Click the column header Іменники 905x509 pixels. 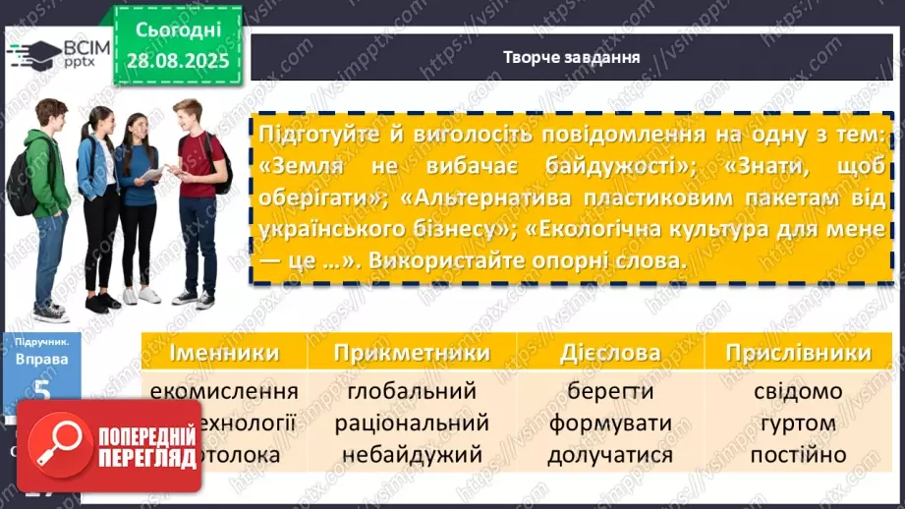[x=224, y=353]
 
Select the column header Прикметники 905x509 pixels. [x=412, y=353]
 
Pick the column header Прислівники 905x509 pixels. [x=797, y=353]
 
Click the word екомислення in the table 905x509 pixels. [x=224, y=391]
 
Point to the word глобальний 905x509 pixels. [x=412, y=391]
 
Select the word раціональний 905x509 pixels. [x=412, y=424]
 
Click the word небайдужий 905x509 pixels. [x=412, y=455]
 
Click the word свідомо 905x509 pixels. [x=797, y=391]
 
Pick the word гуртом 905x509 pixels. [x=797, y=424]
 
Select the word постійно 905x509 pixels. [x=797, y=455]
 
